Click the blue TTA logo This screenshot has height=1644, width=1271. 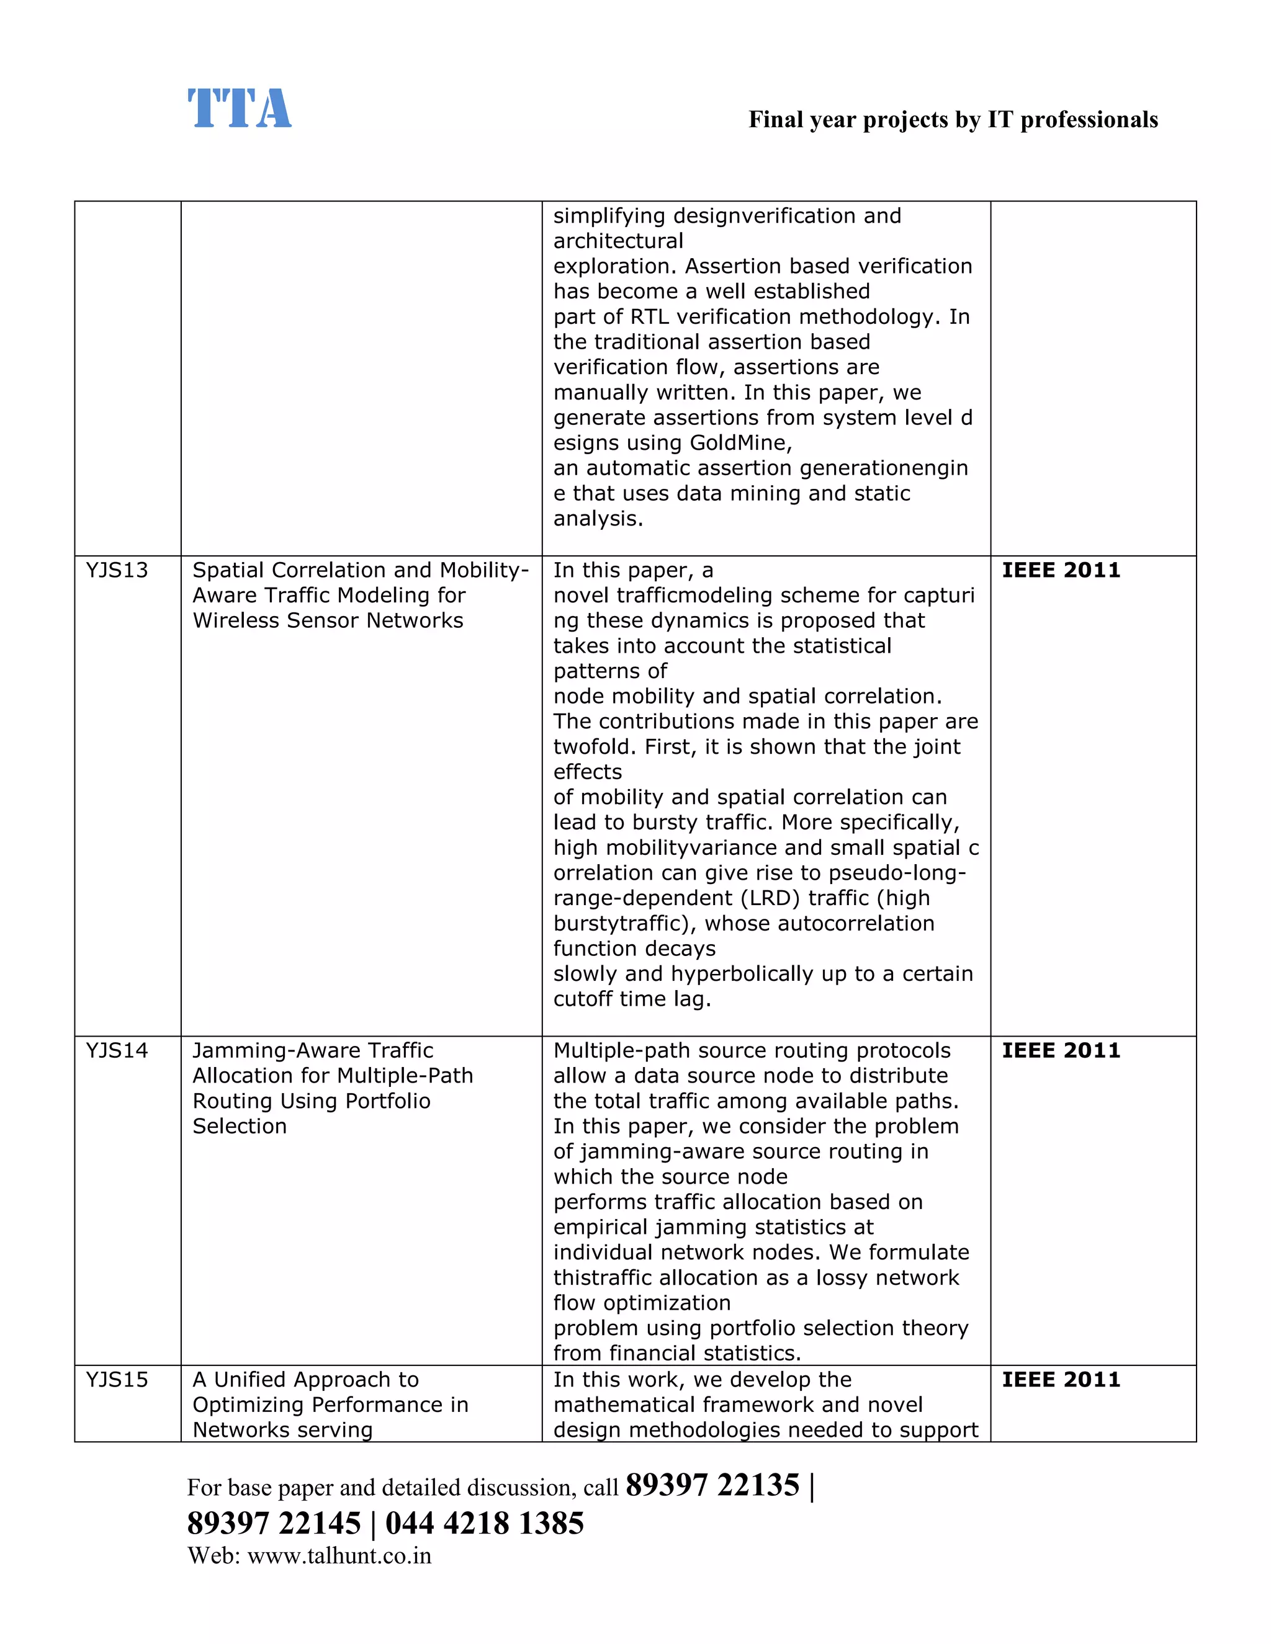coord(239,109)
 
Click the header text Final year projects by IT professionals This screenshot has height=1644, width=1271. coord(953,120)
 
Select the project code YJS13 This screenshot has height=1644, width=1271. coord(117,571)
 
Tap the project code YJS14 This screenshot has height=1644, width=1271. coord(117,1051)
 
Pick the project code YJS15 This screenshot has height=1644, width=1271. coord(117,1380)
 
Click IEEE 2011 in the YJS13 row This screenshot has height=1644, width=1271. coord(1060,571)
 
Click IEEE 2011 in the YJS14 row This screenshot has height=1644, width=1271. coord(1060,1051)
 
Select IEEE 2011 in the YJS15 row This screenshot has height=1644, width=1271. coord(1060,1380)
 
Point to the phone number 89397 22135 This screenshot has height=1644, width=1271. coord(712,1486)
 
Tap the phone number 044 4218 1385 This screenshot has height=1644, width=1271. coord(484,1524)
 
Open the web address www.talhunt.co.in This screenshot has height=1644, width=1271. coord(339,1556)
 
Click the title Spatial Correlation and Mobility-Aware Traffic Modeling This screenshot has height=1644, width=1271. coord(360,596)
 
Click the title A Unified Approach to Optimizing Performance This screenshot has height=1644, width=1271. coord(330,1405)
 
